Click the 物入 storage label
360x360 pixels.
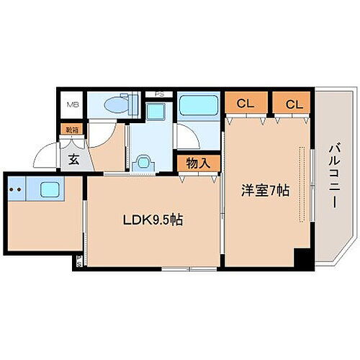(x=198, y=163)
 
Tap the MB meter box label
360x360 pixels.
(x=73, y=105)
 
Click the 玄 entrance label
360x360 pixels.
(x=74, y=160)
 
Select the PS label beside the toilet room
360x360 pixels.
(x=159, y=94)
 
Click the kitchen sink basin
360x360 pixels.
(x=50, y=190)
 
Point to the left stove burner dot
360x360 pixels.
(x=12, y=190)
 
